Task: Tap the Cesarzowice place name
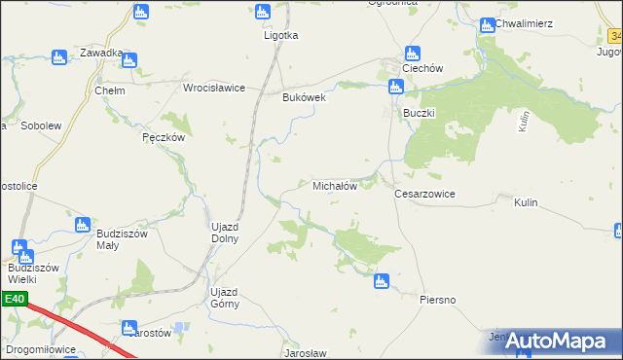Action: [x=424, y=194]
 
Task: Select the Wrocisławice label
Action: [x=214, y=88]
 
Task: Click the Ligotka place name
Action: [x=281, y=35]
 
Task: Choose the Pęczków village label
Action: [x=163, y=138]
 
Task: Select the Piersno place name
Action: [x=438, y=300]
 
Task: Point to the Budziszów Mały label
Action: [x=122, y=239]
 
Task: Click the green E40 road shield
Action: [x=13, y=299]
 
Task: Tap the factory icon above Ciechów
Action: [x=412, y=54]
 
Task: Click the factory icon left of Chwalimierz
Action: [x=488, y=22]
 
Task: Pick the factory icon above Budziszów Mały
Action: [x=83, y=225]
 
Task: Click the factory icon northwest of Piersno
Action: [x=380, y=281]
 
